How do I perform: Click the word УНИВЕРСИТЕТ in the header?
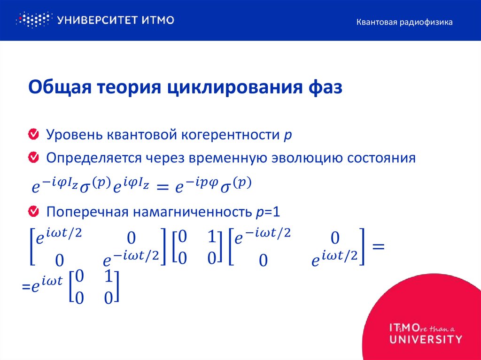91,20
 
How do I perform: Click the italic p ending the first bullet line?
288,136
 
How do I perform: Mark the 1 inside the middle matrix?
211,237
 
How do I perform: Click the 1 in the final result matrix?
108,277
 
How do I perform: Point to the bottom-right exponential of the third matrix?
334,259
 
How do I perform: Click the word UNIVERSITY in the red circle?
426,338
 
